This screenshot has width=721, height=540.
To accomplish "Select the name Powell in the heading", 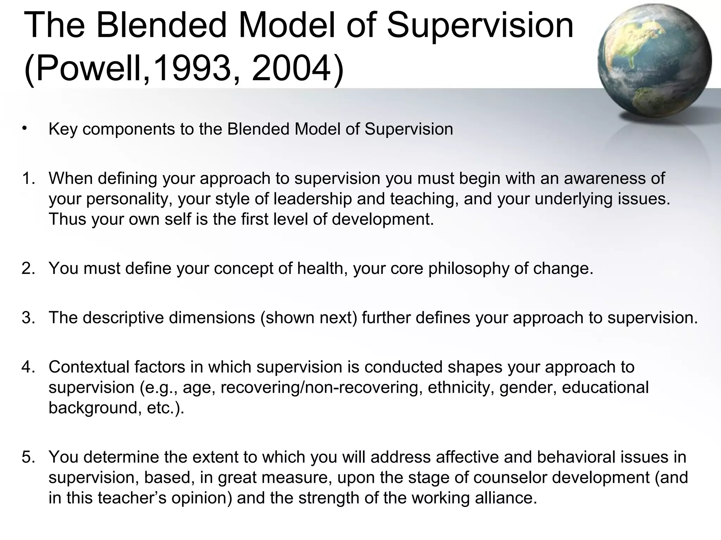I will click(x=90, y=67).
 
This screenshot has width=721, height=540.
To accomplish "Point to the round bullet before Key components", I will click(x=24, y=128).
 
